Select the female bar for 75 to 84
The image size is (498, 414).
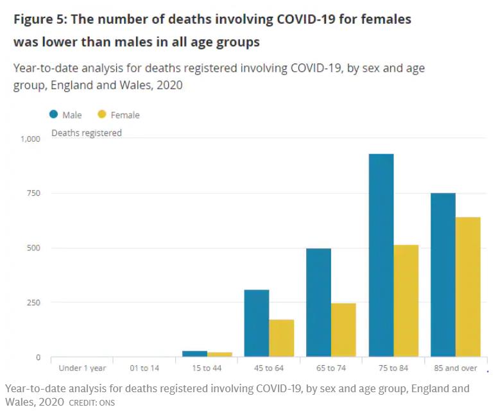click(x=406, y=301)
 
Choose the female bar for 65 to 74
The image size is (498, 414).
click(x=344, y=330)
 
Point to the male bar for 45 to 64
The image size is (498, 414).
click(x=257, y=323)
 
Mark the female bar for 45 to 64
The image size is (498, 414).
click(x=282, y=338)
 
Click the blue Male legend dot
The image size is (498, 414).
click(x=54, y=115)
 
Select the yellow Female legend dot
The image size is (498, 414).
click(x=101, y=115)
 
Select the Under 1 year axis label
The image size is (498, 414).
click(x=82, y=368)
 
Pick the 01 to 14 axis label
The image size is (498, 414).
click(x=144, y=368)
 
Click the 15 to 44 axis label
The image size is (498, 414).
click(x=206, y=368)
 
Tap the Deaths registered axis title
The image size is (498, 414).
click(x=87, y=134)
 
